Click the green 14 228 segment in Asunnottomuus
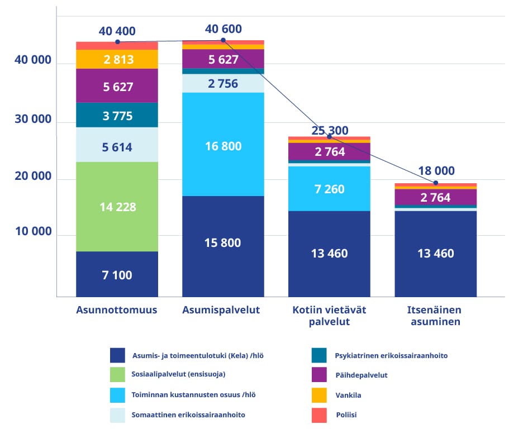coord(117,207)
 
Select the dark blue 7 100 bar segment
coord(117,274)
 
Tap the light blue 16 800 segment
coord(223,145)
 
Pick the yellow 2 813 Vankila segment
coord(117,59)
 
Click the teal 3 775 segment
coord(117,116)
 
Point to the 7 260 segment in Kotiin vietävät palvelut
coord(329,189)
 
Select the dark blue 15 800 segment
coord(223,243)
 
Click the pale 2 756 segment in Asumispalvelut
coord(223,84)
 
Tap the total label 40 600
coord(224,29)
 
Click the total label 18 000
coord(436,171)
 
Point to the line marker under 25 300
coord(329,137)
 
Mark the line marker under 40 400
coord(117,42)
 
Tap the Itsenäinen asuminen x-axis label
coord(436,316)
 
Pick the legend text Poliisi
coord(347,415)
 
